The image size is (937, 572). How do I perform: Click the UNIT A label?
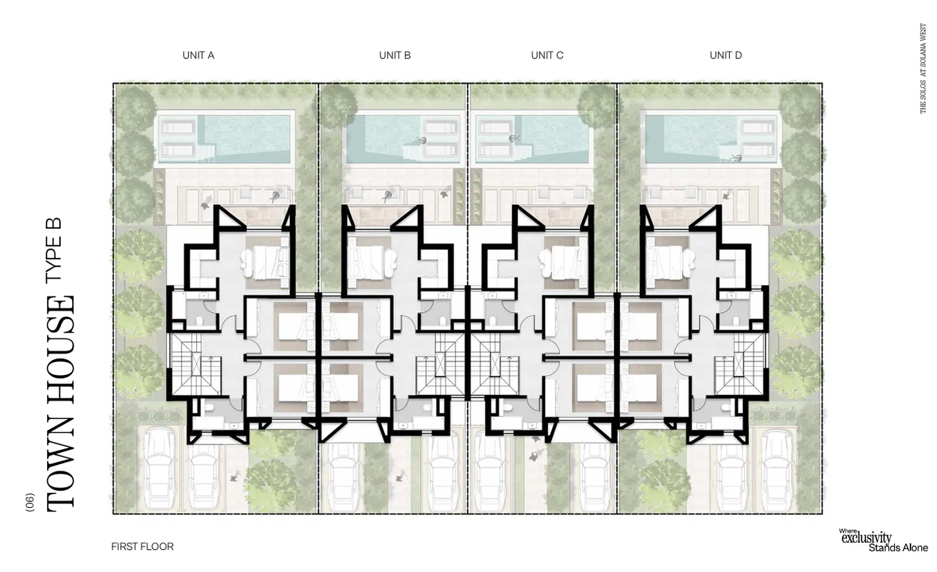198,55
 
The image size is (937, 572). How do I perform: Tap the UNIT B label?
394,55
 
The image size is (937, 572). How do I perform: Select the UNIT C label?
547,55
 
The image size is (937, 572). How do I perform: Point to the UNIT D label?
725,55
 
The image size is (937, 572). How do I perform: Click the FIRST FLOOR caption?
142,546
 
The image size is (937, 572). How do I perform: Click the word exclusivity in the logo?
866,538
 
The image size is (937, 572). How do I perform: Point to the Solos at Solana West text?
923,68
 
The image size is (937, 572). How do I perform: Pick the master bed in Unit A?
268,262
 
